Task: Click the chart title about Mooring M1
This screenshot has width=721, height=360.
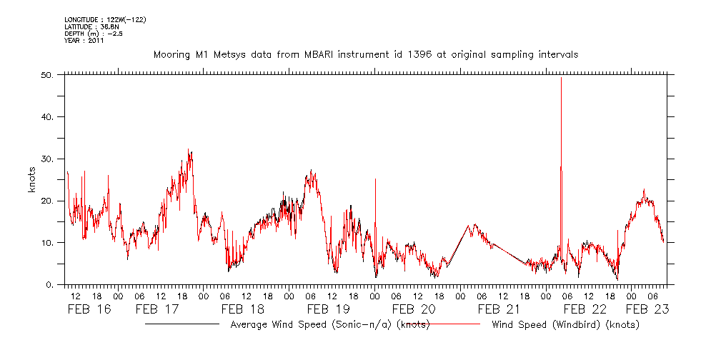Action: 365,54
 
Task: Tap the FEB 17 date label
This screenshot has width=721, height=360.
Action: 156,309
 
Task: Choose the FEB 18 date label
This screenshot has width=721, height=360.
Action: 242,309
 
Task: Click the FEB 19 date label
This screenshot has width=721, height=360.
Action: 328,309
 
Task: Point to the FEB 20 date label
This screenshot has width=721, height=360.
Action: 414,309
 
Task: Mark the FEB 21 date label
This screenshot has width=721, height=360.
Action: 499,309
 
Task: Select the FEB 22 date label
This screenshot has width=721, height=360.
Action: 585,309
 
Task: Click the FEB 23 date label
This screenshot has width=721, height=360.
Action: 647,309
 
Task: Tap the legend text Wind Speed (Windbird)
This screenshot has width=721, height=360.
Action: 565,325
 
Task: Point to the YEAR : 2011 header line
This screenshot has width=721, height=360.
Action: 84,41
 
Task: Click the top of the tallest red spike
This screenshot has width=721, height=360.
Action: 561,78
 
